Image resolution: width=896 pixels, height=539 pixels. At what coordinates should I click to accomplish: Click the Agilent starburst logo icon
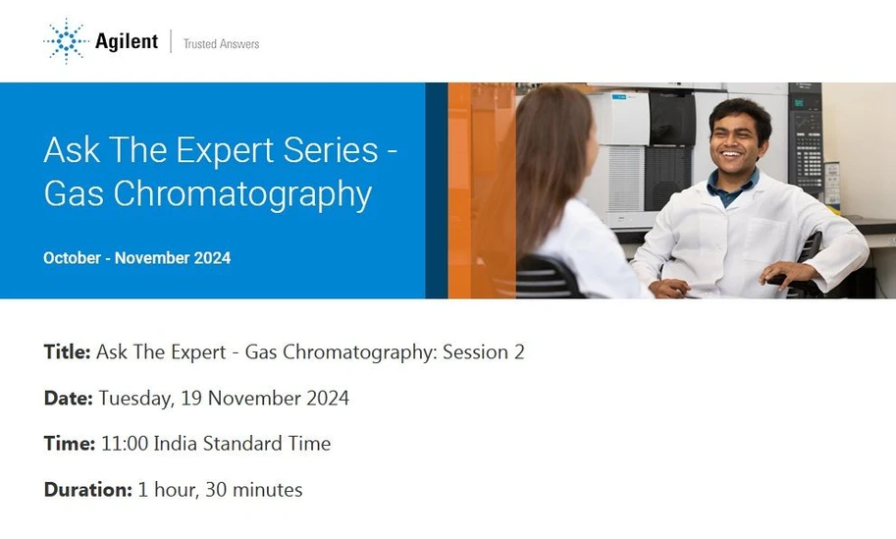coord(65,41)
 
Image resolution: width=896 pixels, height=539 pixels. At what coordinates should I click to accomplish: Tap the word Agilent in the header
coord(126,41)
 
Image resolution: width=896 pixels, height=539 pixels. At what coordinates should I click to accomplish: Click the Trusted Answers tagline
coord(221,43)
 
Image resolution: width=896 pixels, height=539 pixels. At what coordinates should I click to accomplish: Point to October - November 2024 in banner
coord(136,258)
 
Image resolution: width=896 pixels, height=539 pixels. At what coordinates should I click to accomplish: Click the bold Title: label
coord(67,352)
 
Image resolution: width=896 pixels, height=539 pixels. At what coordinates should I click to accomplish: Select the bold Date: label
coord(69,398)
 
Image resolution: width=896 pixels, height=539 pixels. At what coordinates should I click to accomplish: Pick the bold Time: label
coord(69,444)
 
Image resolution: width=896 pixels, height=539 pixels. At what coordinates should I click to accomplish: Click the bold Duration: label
coord(87,489)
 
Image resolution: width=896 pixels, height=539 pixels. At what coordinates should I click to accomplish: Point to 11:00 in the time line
coord(124,444)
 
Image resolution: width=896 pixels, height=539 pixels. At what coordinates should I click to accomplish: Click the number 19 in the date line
coord(190,398)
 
